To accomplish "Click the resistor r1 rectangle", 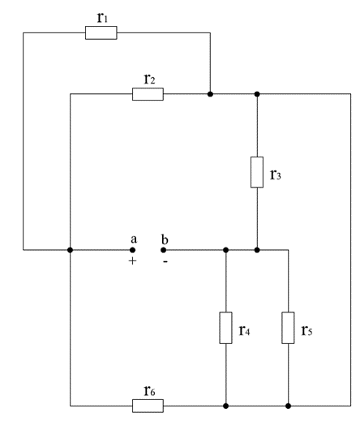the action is point(101,33).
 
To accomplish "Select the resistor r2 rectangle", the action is point(148,94).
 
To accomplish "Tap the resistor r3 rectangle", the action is point(257,172).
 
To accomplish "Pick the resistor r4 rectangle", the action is point(225,328).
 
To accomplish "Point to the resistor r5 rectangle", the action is point(288,328).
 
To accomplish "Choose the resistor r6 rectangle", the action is point(148,406).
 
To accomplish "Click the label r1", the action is point(103,17).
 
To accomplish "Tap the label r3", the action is point(276,174).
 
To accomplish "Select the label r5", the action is point(306,330).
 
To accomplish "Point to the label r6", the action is point(149,390).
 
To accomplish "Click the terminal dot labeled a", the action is point(132,250).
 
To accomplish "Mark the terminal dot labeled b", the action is point(164,250).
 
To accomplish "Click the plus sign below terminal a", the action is point(132,261).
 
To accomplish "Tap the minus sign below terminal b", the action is point(165,261).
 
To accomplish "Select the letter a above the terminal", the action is point(134,239).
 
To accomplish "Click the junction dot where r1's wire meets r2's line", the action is point(210,94).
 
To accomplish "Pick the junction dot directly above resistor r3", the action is point(257,94).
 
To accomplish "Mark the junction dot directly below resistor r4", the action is point(225,406).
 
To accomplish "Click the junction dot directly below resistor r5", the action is point(289,406).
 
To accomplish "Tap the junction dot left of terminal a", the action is point(70,250).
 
